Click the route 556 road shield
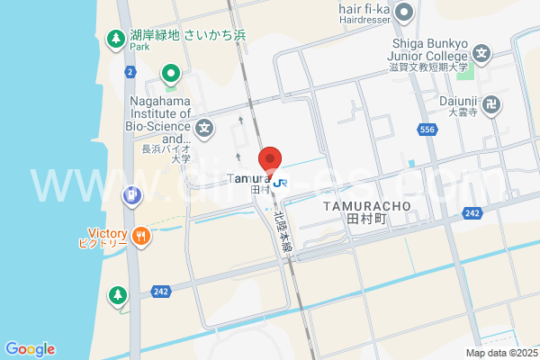click(x=428, y=130)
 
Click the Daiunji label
click(x=463, y=103)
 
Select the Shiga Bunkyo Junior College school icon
click(x=482, y=53)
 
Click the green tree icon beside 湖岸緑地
click(x=115, y=39)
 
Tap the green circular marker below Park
click(x=169, y=73)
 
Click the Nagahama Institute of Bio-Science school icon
click(x=204, y=128)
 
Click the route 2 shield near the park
click(x=130, y=70)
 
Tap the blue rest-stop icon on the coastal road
click(x=131, y=194)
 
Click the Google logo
click(x=30, y=349)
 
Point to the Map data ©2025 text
click(x=500, y=353)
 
